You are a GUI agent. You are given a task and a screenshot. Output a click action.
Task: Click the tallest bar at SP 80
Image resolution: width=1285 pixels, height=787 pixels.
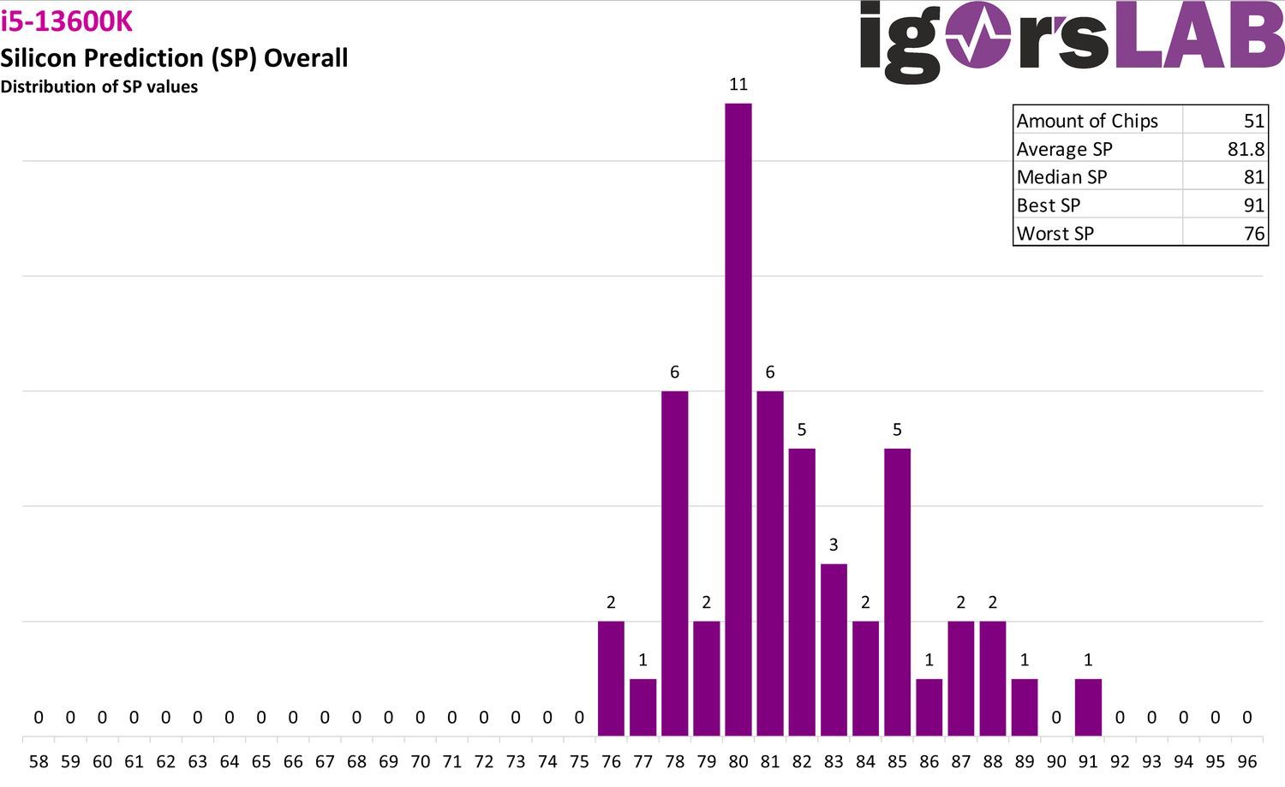738,420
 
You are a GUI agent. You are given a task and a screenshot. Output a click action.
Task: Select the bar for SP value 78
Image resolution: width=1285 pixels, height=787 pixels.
675,563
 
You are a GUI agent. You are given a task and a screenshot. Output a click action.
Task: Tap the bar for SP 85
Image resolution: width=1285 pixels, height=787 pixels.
897,592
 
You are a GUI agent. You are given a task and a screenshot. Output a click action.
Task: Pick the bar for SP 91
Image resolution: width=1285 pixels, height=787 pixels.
1088,707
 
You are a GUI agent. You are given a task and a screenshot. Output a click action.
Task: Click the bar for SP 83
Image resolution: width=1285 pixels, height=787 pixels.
834,650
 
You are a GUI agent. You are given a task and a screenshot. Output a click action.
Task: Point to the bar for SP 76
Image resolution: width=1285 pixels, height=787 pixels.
611,678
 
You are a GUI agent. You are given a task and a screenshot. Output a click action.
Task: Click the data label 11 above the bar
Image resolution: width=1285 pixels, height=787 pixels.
738,84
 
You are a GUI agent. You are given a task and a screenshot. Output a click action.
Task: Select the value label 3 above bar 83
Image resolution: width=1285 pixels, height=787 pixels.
834,545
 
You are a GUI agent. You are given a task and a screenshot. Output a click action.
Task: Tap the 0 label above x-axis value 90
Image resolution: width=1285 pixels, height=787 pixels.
1056,717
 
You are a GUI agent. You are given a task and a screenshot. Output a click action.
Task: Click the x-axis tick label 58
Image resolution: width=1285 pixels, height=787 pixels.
39,762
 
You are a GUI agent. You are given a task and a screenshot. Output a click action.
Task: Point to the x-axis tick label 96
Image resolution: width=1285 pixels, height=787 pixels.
1247,762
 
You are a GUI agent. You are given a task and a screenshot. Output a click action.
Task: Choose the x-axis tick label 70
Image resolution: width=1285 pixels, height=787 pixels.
420,762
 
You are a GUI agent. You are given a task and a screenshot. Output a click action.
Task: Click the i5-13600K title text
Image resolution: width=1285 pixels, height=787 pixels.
67,21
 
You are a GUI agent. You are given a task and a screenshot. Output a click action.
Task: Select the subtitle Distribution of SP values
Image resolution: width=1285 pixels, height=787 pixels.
99,86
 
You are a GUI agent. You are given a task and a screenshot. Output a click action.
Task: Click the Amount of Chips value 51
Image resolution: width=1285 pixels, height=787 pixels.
1254,121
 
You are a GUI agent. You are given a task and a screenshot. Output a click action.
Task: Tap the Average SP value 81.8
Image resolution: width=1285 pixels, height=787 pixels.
1246,149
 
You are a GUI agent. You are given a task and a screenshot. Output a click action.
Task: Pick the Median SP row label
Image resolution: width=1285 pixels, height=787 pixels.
1062,176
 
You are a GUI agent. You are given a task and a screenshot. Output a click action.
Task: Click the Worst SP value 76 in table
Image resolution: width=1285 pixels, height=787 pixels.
1254,234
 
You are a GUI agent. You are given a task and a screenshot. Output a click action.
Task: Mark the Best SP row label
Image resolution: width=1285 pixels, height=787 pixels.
1049,205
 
